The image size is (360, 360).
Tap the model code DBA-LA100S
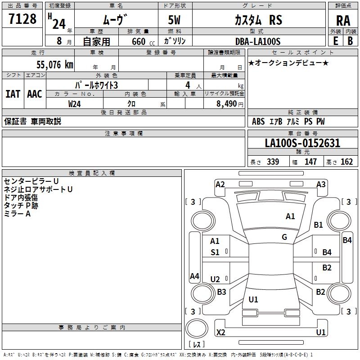(257, 41)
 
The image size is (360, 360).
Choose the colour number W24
(75, 104)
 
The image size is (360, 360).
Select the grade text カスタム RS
(258, 20)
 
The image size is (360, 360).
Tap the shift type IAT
(13, 94)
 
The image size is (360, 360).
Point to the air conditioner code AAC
(35, 94)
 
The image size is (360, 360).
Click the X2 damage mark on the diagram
(221, 332)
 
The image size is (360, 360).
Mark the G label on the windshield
(284, 237)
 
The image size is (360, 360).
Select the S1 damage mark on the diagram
(215, 252)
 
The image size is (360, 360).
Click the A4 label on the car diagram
(194, 276)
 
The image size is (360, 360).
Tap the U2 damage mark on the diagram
(215, 279)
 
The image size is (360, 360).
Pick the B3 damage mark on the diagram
(221, 292)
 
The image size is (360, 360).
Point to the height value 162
(346, 162)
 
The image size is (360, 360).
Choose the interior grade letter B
(350, 41)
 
